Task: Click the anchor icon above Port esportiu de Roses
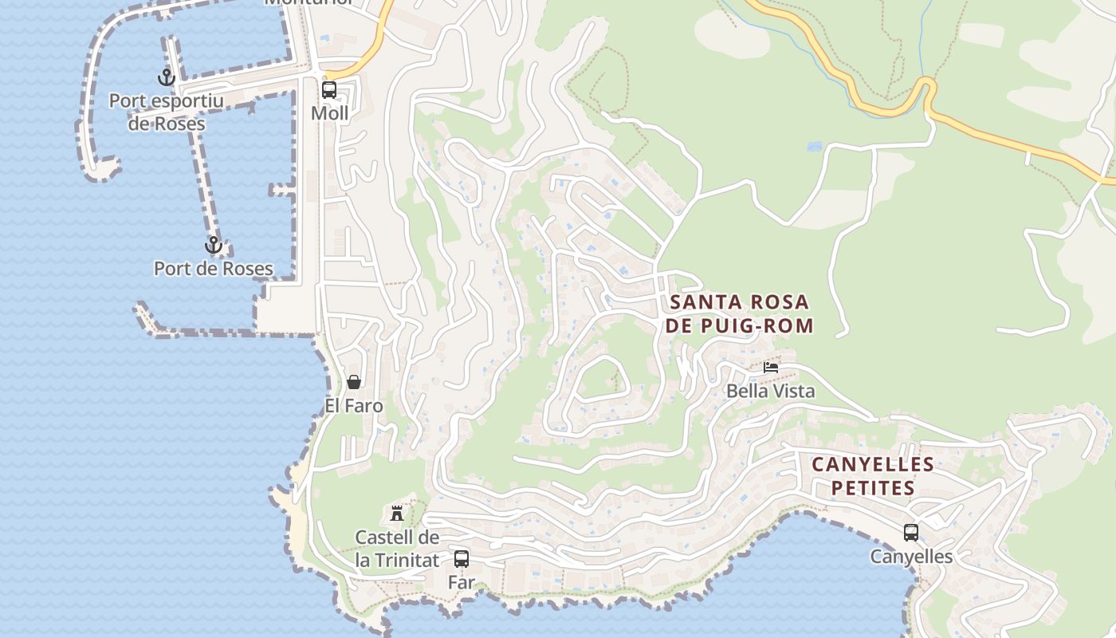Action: pyautogui.click(x=166, y=77)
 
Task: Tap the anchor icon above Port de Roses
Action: pyautogui.click(x=213, y=245)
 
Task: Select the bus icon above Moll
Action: pyautogui.click(x=329, y=90)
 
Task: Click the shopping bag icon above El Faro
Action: pyautogui.click(x=354, y=382)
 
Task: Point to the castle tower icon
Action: pyautogui.click(x=397, y=513)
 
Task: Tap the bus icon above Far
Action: pyautogui.click(x=462, y=559)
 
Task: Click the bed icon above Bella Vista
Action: pyautogui.click(x=771, y=368)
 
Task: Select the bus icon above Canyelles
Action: pyautogui.click(x=911, y=533)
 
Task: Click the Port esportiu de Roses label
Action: pyautogui.click(x=167, y=112)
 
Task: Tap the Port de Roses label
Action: pyautogui.click(x=214, y=269)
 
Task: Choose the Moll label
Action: pyautogui.click(x=330, y=113)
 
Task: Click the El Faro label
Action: pyautogui.click(x=354, y=406)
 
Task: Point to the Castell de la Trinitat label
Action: pyautogui.click(x=397, y=549)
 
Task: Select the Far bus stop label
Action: pyautogui.click(x=462, y=582)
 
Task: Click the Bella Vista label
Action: pyautogui.click(x=771, y=391)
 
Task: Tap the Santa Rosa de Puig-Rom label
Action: pyautogui.click(x=741, y=313)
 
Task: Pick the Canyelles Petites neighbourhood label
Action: pyautogui.click(x=873, y=476)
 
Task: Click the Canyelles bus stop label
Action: pyautogui.click(x=911, y=557)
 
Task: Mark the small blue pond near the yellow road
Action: pyautogui.click(x=814, y=147)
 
